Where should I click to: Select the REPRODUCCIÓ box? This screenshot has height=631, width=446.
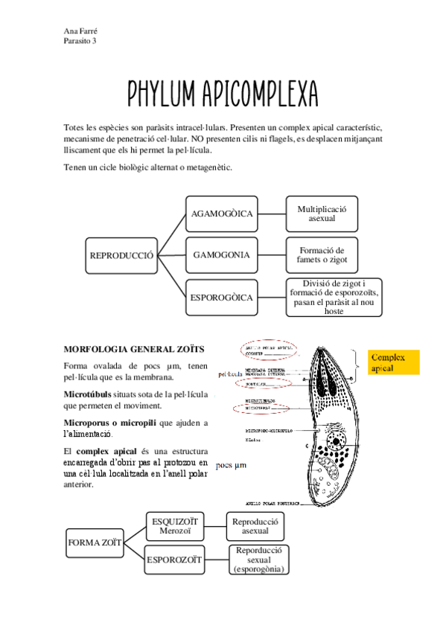(121, 255)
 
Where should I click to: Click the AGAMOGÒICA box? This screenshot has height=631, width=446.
(223, 214)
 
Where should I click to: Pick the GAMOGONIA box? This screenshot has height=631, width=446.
(221, 255)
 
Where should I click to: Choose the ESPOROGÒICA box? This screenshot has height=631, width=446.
(222, 297)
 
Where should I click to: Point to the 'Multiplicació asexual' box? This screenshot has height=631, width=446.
(322, 214)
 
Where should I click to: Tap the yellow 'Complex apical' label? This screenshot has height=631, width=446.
(394, 362)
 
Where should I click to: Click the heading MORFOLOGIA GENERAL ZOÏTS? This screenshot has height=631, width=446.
(134, 348)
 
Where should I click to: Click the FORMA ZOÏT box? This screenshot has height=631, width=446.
(95, 542)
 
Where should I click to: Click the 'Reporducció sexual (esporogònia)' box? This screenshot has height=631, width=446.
(258, 560)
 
